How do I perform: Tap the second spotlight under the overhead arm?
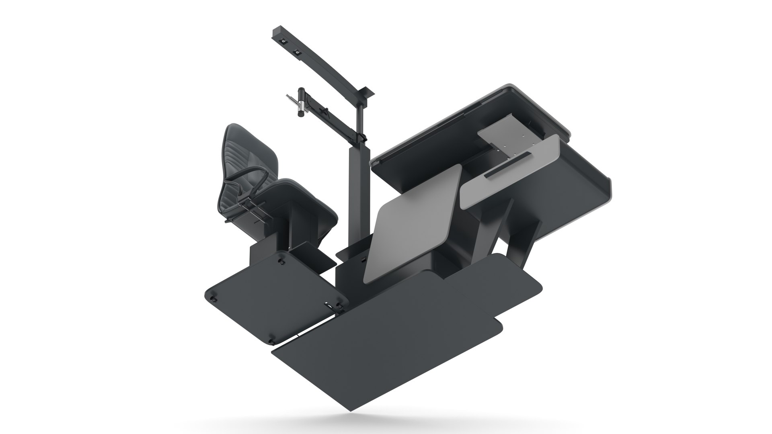tap(298, 52)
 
